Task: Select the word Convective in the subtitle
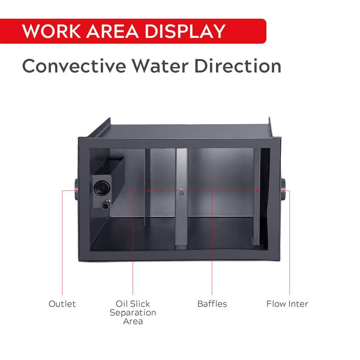coord(74,66)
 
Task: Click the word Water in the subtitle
coord(160,66)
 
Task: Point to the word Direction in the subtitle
coord(238,66)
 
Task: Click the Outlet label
coord(62,304)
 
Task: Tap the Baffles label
coord(212,304)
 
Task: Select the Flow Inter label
coord(287,304)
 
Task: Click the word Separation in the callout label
coord(133,313)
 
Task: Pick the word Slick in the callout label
coord(140,304)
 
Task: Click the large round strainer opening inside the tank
coord(102,187)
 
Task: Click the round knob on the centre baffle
coord(181,193)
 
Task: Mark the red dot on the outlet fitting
coord(76,190)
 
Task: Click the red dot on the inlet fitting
coord(284,190)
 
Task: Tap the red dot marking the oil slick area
coord(133,190)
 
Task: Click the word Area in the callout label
coord(133,321)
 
